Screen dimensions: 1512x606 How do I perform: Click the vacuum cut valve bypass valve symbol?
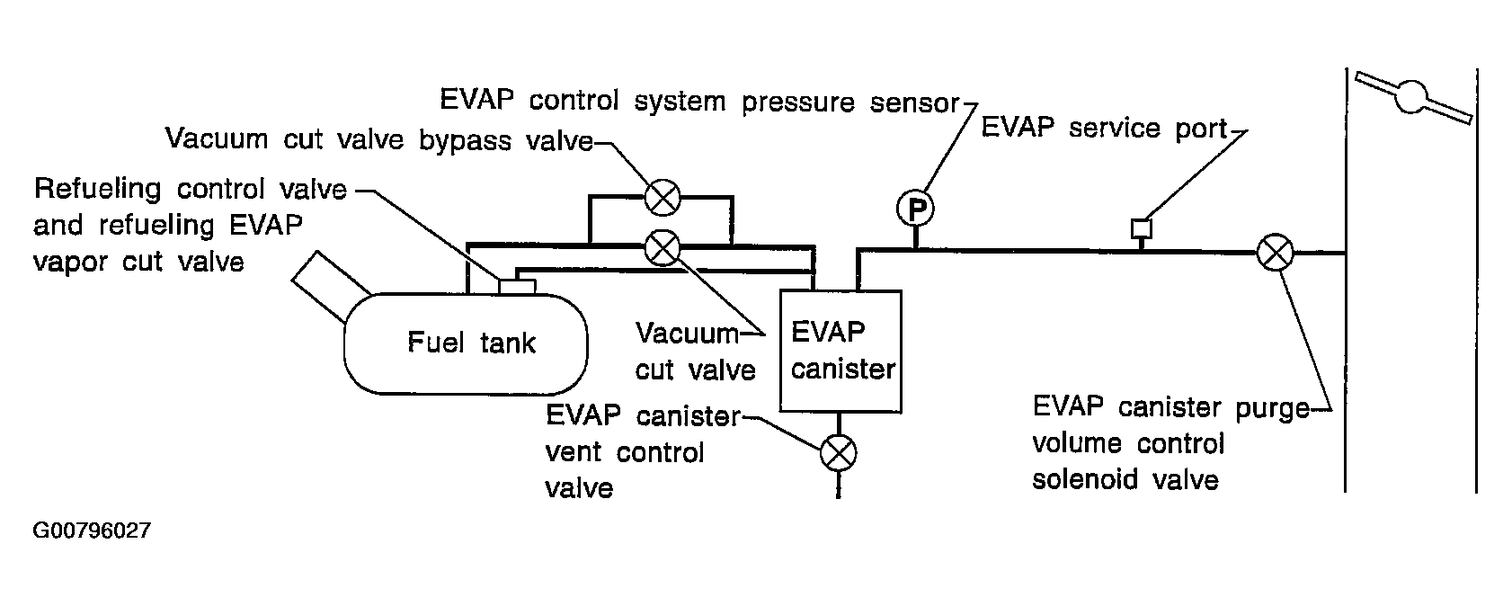pyautogui.click(x=663, y=198)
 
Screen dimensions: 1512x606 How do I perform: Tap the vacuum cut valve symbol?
pyautogui.click(x=663, y=248)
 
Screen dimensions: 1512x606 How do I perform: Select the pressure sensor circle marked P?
pyautogui.click(x=915, y=209)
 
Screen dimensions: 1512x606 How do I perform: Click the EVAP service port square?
pyautogui.click(x=1142, y=228)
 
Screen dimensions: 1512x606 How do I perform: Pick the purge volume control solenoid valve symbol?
pyautogui.click(x=1275, y=253)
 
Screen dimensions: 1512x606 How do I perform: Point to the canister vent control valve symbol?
pyautogui.click(x=839, y=452)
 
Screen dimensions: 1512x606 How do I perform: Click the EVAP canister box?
pyautogui.click(x=840, y=351)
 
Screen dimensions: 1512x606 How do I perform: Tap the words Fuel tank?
pyautogui.click(x=471, y=343)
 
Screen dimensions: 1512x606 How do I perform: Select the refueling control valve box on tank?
pyautogui.click(x=517, y=287)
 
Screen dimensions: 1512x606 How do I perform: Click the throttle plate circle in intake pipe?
pyautogui.click(x=1410, y=96)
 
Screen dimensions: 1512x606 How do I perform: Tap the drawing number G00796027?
pyautogui.click(x=92, y=530)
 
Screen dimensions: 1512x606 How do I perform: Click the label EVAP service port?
pyautogui.click(x=1104, y=128)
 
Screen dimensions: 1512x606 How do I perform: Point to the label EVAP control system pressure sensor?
pyautogui.click(x=699, y=102)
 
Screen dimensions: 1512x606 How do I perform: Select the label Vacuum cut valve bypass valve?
pyautogui.click(x=379, y=139)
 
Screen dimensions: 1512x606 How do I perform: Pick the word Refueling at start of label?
pyautogui.click(x=98, y=189)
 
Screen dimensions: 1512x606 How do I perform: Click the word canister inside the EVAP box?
pyautogui.click(x=843, y=370)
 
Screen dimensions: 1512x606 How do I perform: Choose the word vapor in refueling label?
pyautogui.click(x=70, y=262)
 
